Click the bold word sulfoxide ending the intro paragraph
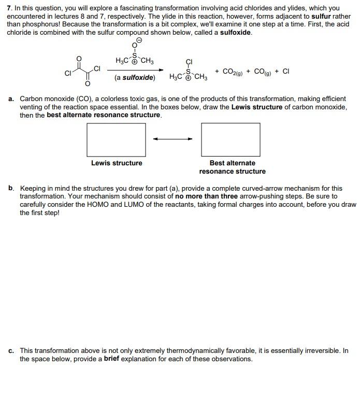[235, 32]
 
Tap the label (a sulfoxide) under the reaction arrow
[135, 78]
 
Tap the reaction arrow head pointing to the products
[161, 70]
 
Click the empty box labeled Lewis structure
[116, 139]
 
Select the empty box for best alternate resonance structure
[231, 139]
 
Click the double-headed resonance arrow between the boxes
[172, 139]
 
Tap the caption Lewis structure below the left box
[117, 163]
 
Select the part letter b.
[11, 189]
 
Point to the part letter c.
[11, 351]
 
